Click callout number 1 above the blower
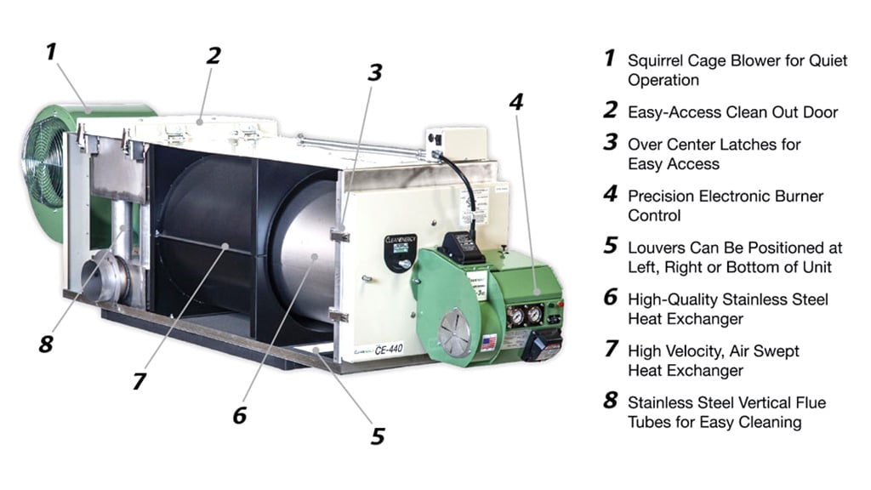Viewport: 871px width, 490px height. coord(51,52)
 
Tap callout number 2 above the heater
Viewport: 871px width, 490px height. coord(213,56)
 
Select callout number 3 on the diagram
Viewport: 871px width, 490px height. coord(374,72)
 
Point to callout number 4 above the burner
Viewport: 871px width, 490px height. coord(515,103)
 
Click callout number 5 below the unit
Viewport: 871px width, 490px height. coord(377,436)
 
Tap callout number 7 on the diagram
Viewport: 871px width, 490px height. coord(139,380)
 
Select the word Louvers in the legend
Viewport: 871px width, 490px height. coord(656,248)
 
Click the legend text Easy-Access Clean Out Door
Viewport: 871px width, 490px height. coord(732,112)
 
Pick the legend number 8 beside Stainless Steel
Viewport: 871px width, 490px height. coord(609,402)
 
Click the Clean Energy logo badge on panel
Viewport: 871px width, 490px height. coord(401,250)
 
